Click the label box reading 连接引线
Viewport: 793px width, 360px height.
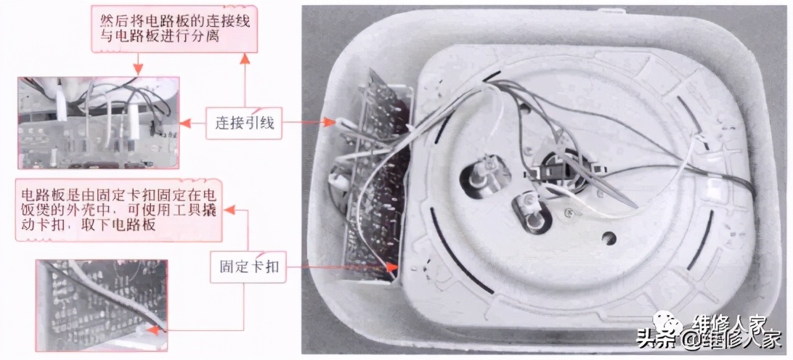tap(244, 123)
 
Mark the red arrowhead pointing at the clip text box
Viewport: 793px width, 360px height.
tap(227, 210)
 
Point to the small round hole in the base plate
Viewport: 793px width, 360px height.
tap(609, 237)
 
